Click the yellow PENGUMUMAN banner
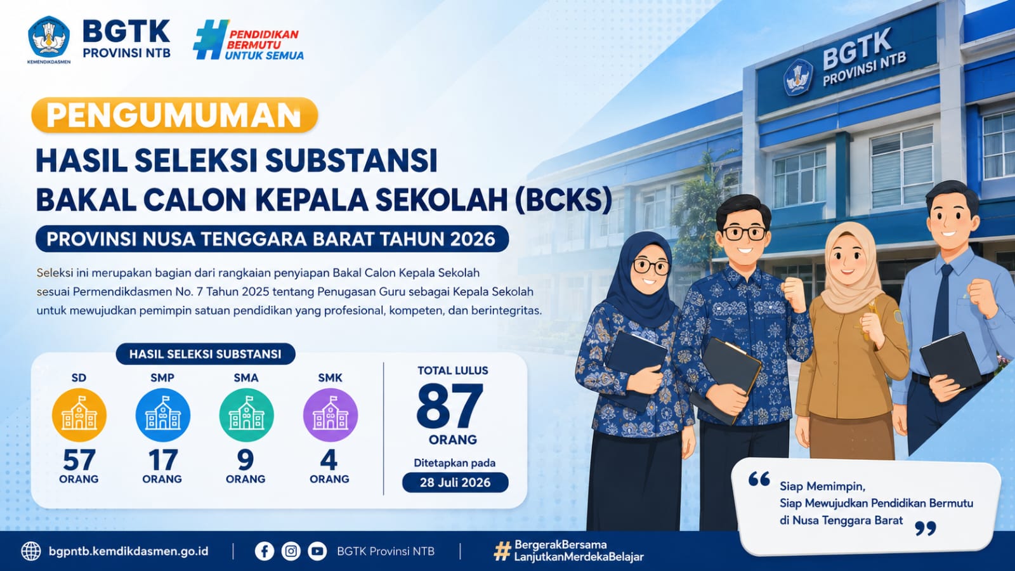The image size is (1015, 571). coord(174,115)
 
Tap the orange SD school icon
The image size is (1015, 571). coord(79,415)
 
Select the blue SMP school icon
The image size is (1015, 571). coord(162,415)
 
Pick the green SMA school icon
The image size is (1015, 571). coord(247,415)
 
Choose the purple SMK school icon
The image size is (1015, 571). coord(331,415)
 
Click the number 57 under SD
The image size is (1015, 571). coord(79,460)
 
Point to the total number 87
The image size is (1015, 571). coord(450,407)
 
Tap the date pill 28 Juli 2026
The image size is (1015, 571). coord(455,482)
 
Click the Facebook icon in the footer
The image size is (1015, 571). coord(264,551)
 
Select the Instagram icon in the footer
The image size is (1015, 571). coord(291,551)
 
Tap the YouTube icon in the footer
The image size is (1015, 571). coord(317,551)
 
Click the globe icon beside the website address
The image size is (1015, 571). coord(31,551)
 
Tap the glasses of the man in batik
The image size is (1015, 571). coord(743,233)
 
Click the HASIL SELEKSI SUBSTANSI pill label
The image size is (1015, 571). coord(206,354)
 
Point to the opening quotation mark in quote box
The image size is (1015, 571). coord(759,478)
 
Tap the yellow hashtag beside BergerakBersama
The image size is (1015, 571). coord(502,551)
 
